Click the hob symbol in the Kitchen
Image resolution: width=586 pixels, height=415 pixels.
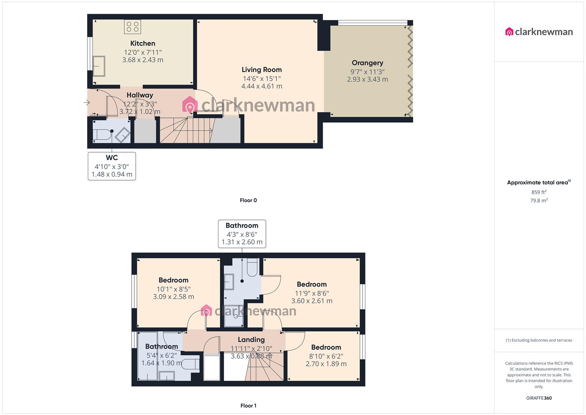pos(132,27)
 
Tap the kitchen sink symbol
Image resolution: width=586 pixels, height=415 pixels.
pos(99,66)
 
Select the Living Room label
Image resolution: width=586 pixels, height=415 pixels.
pos(261,70)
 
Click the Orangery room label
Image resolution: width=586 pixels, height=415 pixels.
pos(367,63)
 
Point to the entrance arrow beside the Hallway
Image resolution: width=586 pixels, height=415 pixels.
pos(87,103)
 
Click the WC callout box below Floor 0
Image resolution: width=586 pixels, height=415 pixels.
pos(112,166)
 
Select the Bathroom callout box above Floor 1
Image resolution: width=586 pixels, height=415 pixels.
pos(242,234)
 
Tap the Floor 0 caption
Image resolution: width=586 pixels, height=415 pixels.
pos(248,200)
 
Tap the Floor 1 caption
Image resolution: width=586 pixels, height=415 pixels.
pos(248,405)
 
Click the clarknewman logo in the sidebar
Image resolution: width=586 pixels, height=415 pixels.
pos(539,32)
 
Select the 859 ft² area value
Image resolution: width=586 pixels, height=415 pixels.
pos(539,192)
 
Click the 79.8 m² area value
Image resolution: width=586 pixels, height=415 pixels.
pos(539,200)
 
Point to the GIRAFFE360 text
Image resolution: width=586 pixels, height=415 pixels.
pos(539,398)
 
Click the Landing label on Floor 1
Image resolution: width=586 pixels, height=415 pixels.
pos(251,339)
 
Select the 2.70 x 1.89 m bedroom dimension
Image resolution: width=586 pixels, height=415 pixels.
pos(326,364)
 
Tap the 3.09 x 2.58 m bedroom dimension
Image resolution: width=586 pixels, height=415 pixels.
pos(173,297)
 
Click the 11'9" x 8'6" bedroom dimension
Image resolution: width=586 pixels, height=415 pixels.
pos(312,293)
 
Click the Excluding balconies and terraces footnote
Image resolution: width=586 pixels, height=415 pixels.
pos(539,340)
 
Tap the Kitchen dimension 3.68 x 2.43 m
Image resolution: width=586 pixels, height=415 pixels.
pos(143,60)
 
